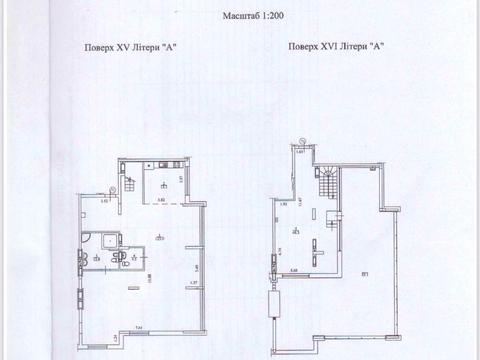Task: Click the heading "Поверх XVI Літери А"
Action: click(x=335, y=48)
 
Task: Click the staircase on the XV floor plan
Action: click(x=132, y=183)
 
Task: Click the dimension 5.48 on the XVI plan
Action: click(x=295, y=270)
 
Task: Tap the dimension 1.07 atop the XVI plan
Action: click(x=299, y=152)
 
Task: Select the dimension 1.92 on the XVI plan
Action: click(x=284, y=204)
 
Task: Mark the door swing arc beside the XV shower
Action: click(x=119, y=255)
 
